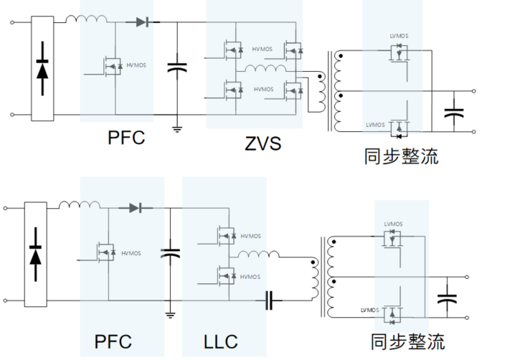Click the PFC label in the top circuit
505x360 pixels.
(x=126, y=138)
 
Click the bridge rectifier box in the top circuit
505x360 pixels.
(x=42, y=69)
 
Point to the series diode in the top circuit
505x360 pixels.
(x=141, y=22)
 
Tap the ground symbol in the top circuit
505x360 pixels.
(x=176, y=128)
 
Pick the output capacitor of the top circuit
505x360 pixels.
(x=453, y=112)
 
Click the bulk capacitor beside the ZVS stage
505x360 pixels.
(x=176, y=68)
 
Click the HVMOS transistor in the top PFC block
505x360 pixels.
(x=112, y=67)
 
